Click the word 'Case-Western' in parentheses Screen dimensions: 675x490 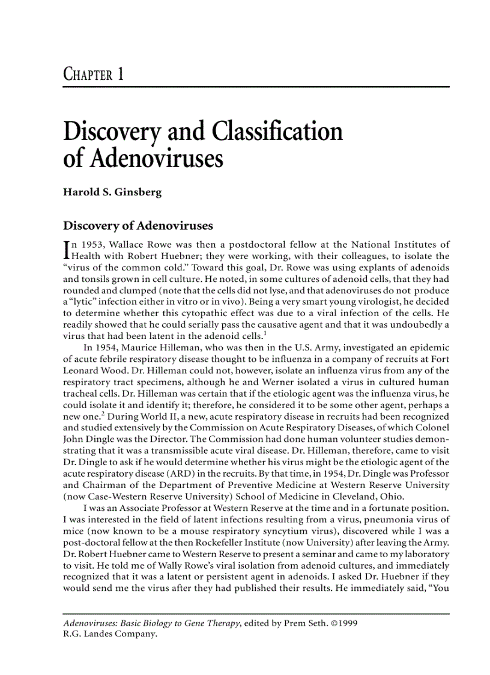tap(110, 495)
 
